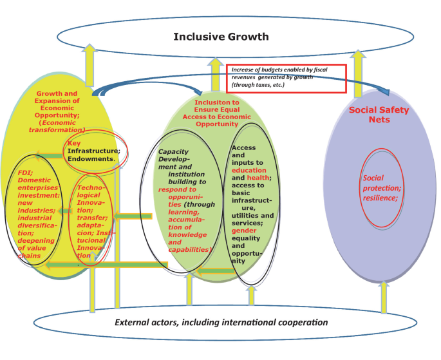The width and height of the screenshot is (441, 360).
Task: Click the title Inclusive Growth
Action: (x=221, y=37)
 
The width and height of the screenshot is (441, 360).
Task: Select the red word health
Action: (x=259, y=178)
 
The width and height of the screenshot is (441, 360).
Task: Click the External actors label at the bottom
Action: (x=221, y=322)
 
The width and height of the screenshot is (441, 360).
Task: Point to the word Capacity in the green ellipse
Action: (x=173, y=151)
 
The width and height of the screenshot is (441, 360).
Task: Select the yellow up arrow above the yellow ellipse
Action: (x=89, y=61)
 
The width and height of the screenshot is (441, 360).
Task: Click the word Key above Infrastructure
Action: (x=74, y=144)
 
